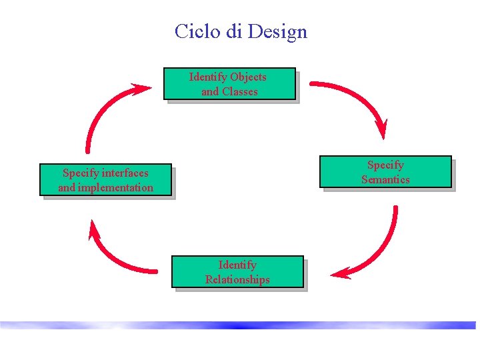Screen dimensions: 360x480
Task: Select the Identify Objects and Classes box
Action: click(229, 84)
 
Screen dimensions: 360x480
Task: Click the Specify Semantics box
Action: click(385, 172)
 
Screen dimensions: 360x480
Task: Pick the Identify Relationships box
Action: click(237, 272)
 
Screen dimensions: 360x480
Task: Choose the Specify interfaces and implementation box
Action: click(105, 180)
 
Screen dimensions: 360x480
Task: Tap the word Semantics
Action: click(385, 179)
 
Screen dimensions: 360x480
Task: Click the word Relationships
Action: click(237, 280)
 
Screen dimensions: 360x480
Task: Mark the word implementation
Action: click(115, 188)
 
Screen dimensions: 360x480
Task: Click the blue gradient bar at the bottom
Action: click(240, 325)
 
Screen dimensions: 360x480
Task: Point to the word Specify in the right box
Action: click(385, 165)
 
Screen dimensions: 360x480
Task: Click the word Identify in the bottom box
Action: click(237, 265)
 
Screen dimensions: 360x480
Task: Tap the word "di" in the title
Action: click(234, 31)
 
